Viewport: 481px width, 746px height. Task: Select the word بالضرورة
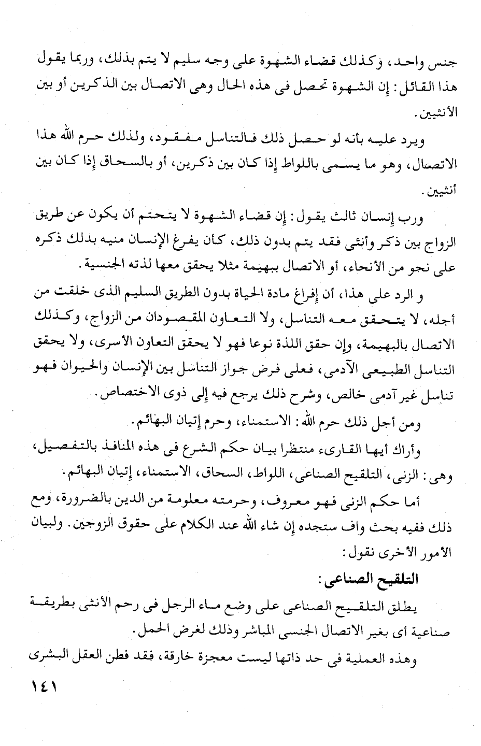(96, 500)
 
